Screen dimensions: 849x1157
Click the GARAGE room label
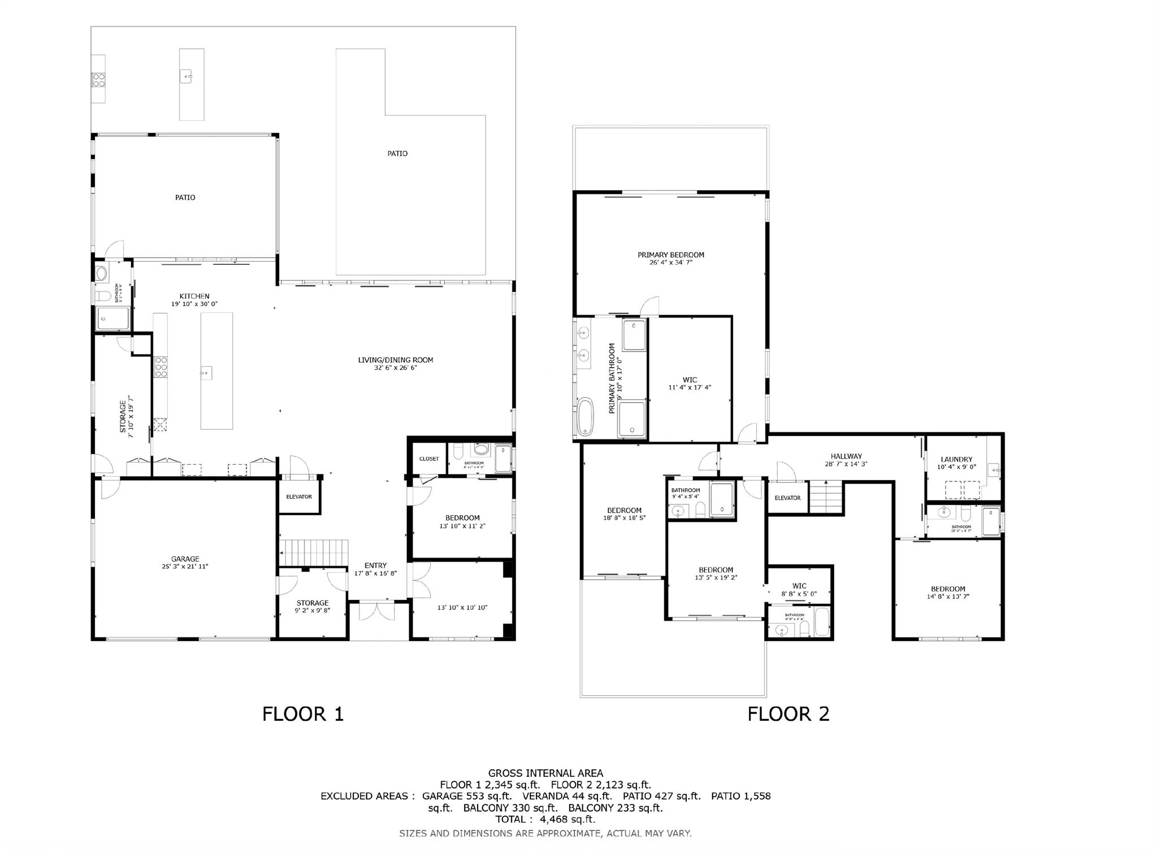[185, 559]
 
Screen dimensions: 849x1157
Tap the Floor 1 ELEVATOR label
[299, 497]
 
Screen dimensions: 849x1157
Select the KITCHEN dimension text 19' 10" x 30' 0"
[194, 304]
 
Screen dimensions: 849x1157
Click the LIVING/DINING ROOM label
[395, 360]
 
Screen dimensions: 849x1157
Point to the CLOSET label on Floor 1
[429, 459]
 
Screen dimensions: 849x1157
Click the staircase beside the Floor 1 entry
[314, 552]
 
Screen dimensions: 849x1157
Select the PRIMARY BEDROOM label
[671, 255]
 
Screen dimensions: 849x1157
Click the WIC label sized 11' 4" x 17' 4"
[690, 380]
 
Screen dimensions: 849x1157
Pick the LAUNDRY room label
[956, 459]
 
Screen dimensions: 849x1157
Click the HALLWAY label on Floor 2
[846, 456]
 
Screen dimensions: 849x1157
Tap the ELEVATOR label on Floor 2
[787, 498]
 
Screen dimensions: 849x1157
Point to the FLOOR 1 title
[303, 714]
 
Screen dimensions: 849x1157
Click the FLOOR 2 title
[788, 714]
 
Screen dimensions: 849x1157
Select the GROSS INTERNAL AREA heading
[545, 773]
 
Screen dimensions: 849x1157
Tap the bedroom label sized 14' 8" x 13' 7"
[948, 589]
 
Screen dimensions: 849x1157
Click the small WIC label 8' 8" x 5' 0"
[799, 586]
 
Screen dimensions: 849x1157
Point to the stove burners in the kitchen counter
[161, 367]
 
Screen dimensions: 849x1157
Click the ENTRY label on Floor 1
[376, 565]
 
